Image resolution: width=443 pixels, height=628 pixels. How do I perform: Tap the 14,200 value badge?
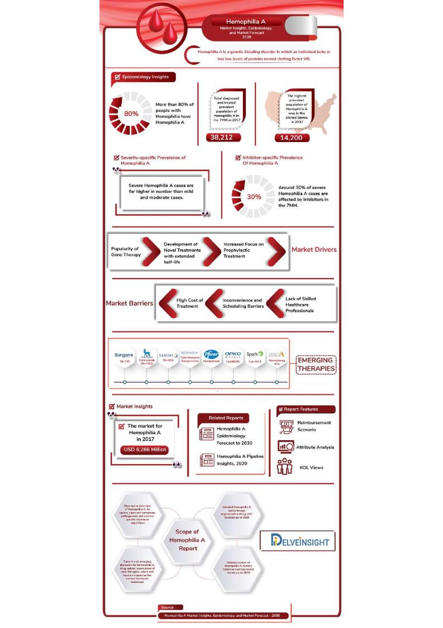tap(292, 138)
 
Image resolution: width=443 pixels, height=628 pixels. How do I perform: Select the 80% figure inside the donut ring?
tap(131, 114)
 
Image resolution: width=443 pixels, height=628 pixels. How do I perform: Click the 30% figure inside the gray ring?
tap(254, 197)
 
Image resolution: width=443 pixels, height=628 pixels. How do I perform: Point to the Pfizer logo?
tap(211, 355)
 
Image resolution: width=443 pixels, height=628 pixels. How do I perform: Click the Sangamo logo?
tap(124, 355)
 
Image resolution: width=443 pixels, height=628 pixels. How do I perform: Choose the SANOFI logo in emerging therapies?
tap(168, 355)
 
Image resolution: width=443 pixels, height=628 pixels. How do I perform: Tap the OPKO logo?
tap(233, 355)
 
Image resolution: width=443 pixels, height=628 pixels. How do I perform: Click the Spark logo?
tap(255, 354)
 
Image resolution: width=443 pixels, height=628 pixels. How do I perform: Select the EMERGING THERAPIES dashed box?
tap(316, 365)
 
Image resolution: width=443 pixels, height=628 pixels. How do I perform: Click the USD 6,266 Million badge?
tap(144, 449)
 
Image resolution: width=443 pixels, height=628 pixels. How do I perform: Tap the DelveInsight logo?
tap(297, 540)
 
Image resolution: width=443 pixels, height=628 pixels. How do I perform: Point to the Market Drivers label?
tap(314, 249)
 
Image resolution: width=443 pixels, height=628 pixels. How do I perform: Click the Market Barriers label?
tap(130, 303)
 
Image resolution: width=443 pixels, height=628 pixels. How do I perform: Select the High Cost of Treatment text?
tap(190, 303)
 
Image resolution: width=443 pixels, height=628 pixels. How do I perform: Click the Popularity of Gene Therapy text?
tap(125, 252)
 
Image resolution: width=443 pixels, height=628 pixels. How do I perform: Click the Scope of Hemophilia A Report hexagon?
tap(187, 540)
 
